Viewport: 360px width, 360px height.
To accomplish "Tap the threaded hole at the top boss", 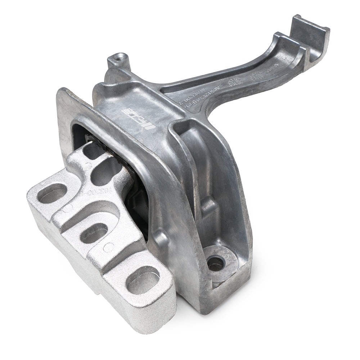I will point(120,57).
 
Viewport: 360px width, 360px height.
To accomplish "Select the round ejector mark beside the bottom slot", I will point(108,247).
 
